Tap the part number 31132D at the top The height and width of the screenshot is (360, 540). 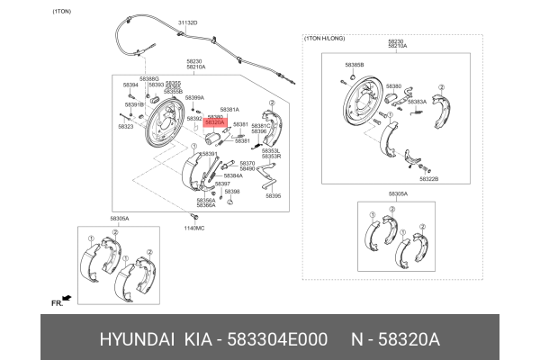(187, 22)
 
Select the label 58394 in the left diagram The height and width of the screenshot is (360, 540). (130, 85)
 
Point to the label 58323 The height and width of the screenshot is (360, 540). (125, 127)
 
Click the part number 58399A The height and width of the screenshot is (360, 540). (195, 97)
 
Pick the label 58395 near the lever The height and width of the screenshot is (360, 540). (274, 195)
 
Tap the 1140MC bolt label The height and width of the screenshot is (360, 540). (194, 228)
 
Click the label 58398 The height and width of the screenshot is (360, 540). (232, 191)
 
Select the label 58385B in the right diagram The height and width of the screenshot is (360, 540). (355, 65)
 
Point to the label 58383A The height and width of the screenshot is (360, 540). (417, 102)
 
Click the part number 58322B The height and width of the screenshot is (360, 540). (428, 178)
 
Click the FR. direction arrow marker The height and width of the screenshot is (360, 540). (58, 303)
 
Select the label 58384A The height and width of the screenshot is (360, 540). (233, 175)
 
